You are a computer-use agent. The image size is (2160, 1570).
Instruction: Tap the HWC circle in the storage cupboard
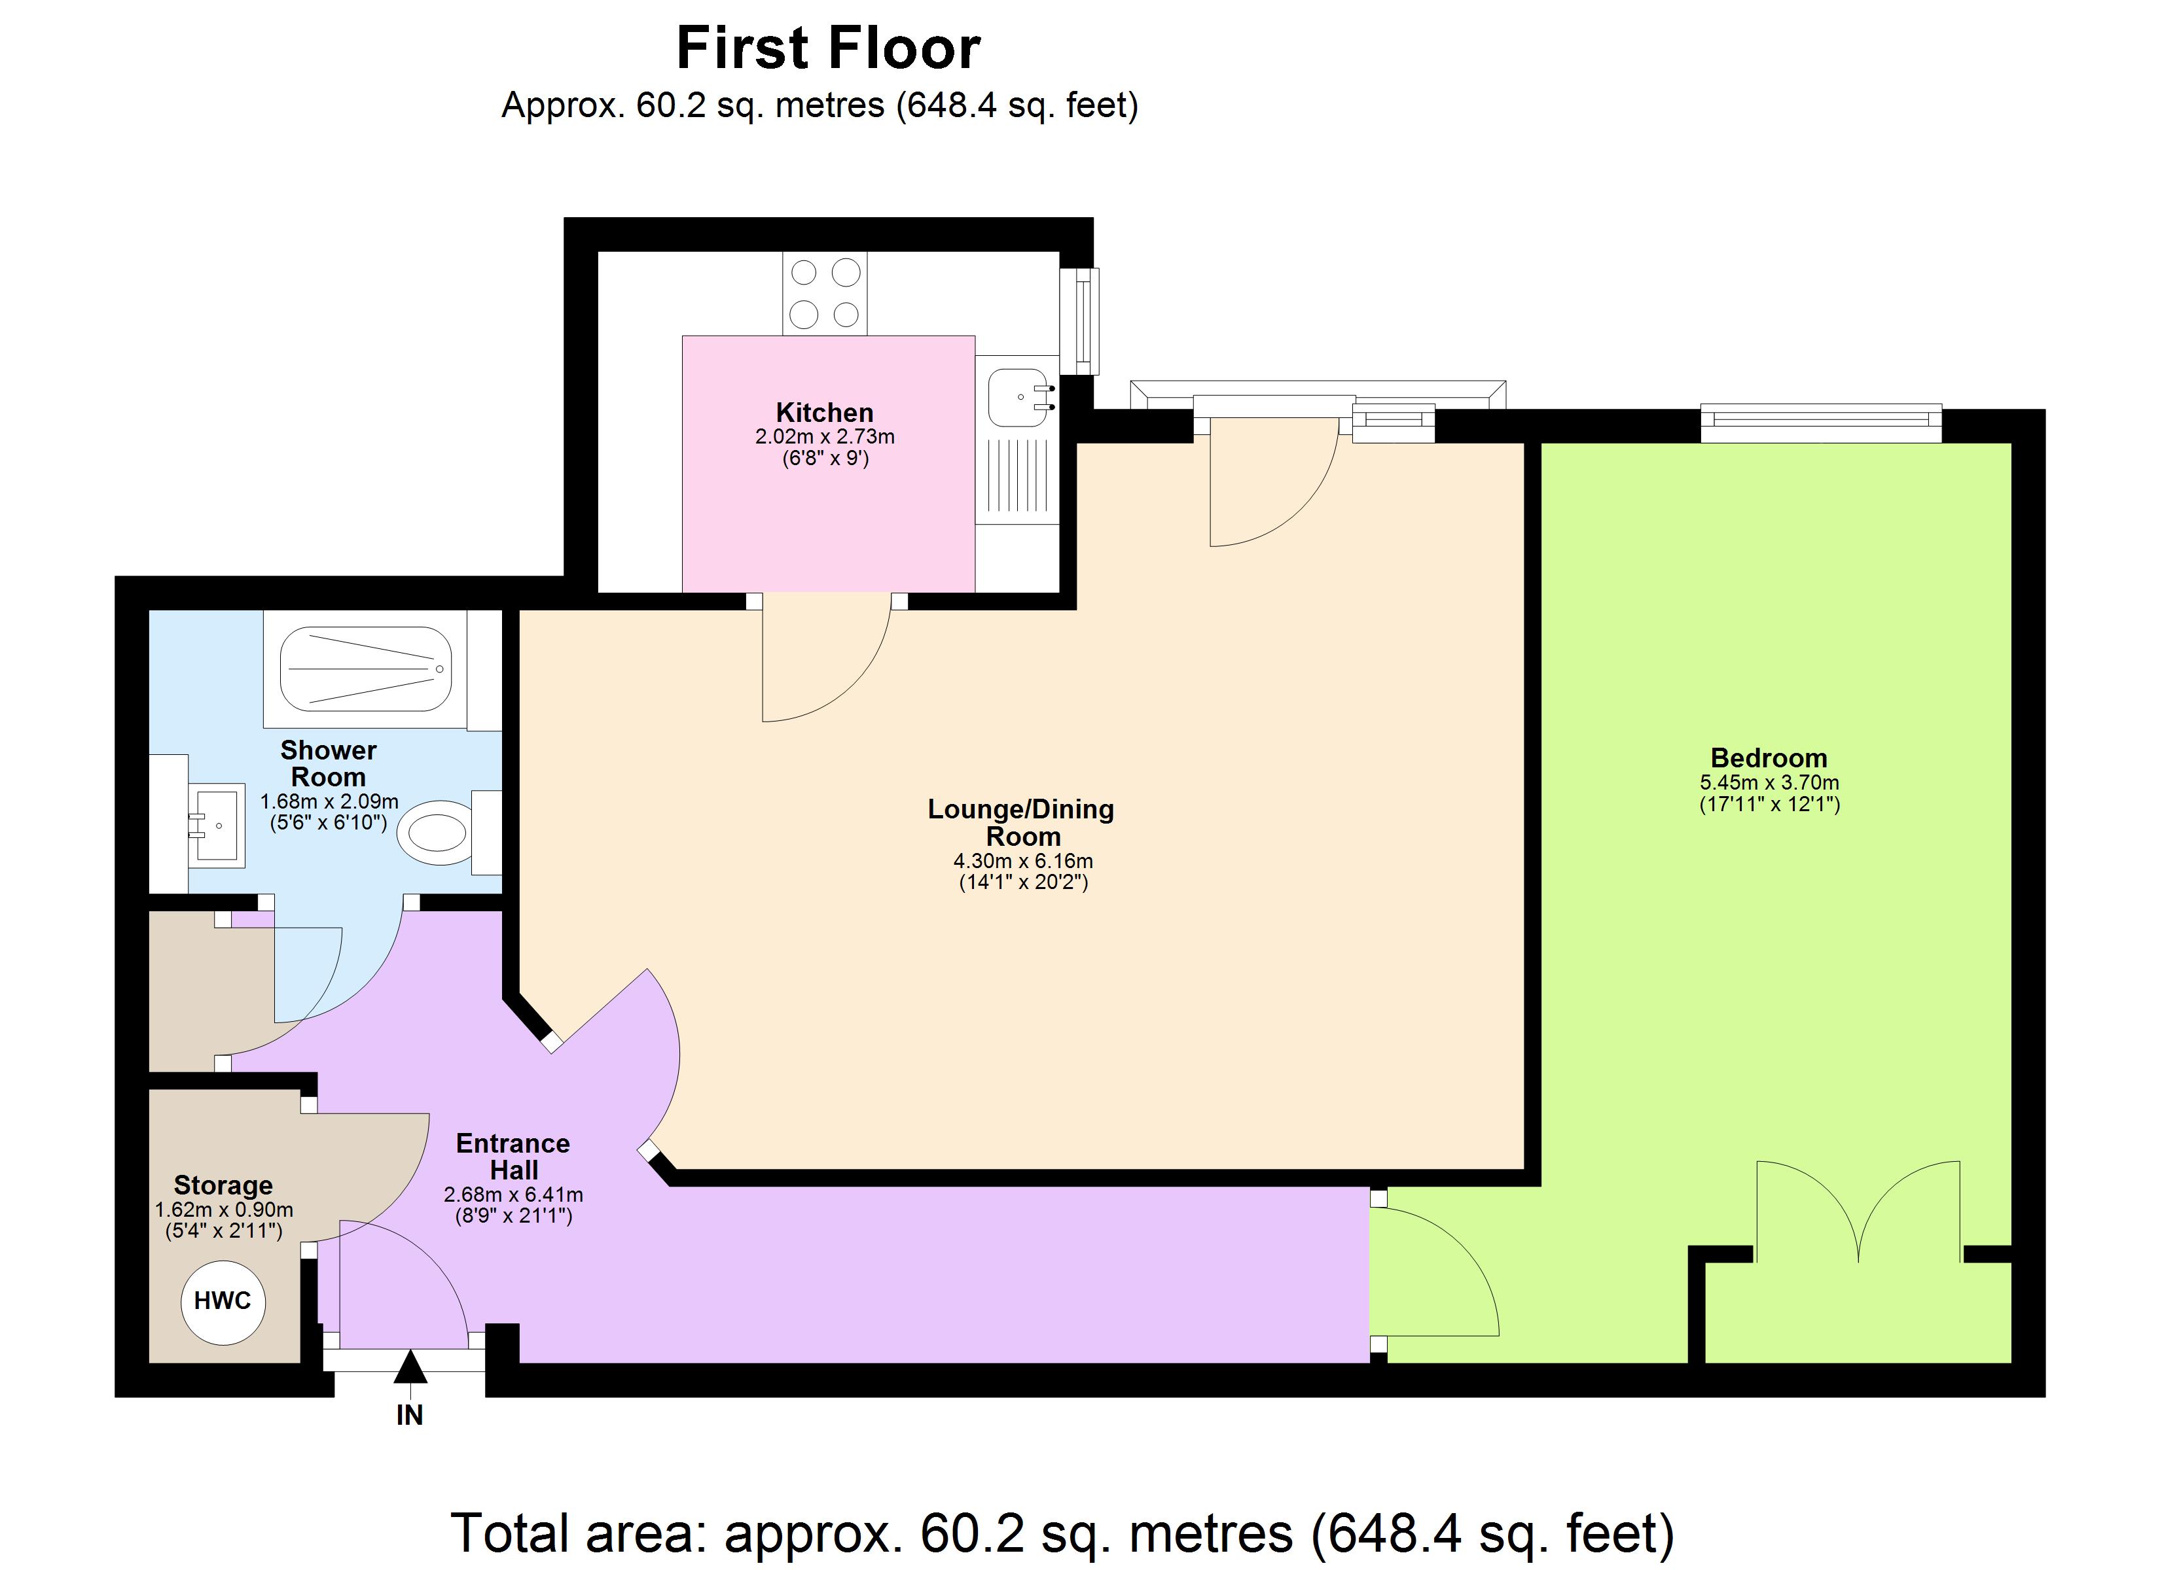pos(223,1302)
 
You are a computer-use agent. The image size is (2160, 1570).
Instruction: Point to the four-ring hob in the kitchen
pos(825,293)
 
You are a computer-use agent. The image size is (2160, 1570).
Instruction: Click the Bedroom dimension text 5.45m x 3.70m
pos(1769,782)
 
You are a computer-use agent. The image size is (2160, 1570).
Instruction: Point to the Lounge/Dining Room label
pos(1022,822)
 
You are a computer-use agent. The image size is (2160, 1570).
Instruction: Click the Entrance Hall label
pos(513,1157)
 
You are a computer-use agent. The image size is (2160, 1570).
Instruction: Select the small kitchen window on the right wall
pos(1083,321)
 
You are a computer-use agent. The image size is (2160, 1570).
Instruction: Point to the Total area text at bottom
pos(1062,1533)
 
